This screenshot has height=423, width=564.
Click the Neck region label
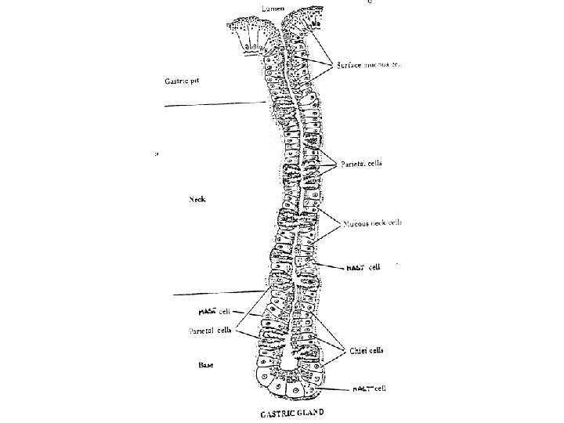pos(197,199)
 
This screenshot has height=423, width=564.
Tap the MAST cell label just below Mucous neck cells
pos(363,267)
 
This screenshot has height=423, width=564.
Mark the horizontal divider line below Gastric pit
pos(211,103)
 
